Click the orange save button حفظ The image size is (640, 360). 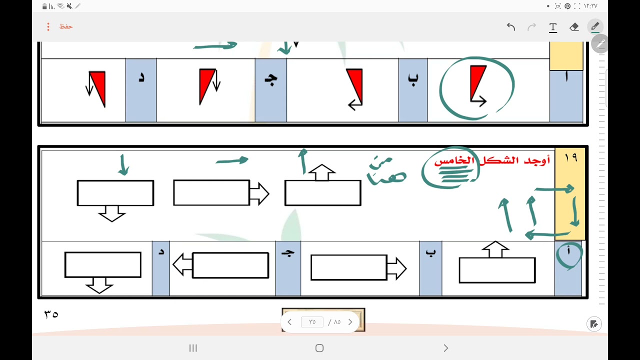click(66, 26)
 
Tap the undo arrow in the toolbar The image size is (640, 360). click(510, 27)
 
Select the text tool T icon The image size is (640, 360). click(553, 27)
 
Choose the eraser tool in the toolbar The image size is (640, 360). click(574, 27)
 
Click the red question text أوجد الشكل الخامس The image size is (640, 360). click(492, 161)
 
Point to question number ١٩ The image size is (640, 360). click(570, 158)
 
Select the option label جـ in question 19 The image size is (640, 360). click(287, 253)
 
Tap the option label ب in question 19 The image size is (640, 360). click(430, 253)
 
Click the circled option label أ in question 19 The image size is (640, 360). click(568, 253)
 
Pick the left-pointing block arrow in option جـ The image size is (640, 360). click(182, 265)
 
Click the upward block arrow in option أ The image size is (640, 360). click(495, 249)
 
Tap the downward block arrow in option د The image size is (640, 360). click(99, 285)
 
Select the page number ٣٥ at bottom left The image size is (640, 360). click(51, 314)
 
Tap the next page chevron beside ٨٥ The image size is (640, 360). click(350, 322)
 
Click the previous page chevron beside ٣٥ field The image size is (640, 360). click(289, 322)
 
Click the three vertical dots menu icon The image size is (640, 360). click(48, 26)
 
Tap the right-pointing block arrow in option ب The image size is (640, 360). click(396, 267)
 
